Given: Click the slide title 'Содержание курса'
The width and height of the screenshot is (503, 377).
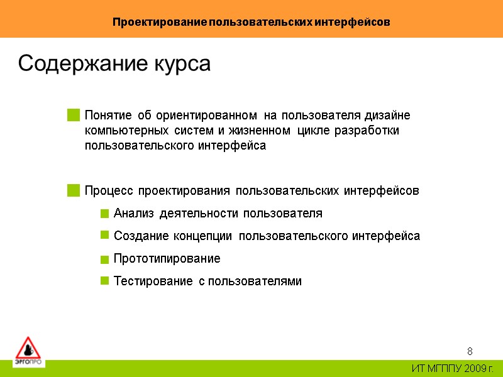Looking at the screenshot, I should pyautogui.click(x=114, y=64).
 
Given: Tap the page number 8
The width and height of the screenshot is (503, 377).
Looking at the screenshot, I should pyautogui.click(x=470, y=351).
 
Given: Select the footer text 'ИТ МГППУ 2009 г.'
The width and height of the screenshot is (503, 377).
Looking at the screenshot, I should pyautogui.click(x=453, y=368).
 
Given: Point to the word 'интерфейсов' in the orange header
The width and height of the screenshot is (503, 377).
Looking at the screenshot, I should pyautogui.click(x=360, y=22).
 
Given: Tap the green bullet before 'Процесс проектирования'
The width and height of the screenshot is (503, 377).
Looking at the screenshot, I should pyautogui.click(x=74, y=190).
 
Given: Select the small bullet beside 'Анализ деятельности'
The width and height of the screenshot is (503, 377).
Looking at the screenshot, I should pyautogui.click(x=104, y=214).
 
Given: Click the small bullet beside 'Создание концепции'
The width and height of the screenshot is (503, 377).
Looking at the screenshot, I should pyautogui.click(x=104, y=236).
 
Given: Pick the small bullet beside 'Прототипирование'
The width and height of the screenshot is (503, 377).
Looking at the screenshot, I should pyautogui.click(x=104, y=260).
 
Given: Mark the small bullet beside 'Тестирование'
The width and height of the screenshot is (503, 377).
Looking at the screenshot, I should pyautogui.click(x=104, y=281).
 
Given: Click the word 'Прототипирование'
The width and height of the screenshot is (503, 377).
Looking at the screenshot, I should pyautogui.click(x=167, y=259).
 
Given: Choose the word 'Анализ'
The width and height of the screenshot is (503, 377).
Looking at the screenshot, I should pyautogui.click(x=134, y=214).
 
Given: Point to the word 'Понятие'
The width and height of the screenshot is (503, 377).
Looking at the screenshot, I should pyautogui.click(x=108, y=116).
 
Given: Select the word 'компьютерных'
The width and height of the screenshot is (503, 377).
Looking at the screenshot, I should pyautogui.click(x=126, y=131).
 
